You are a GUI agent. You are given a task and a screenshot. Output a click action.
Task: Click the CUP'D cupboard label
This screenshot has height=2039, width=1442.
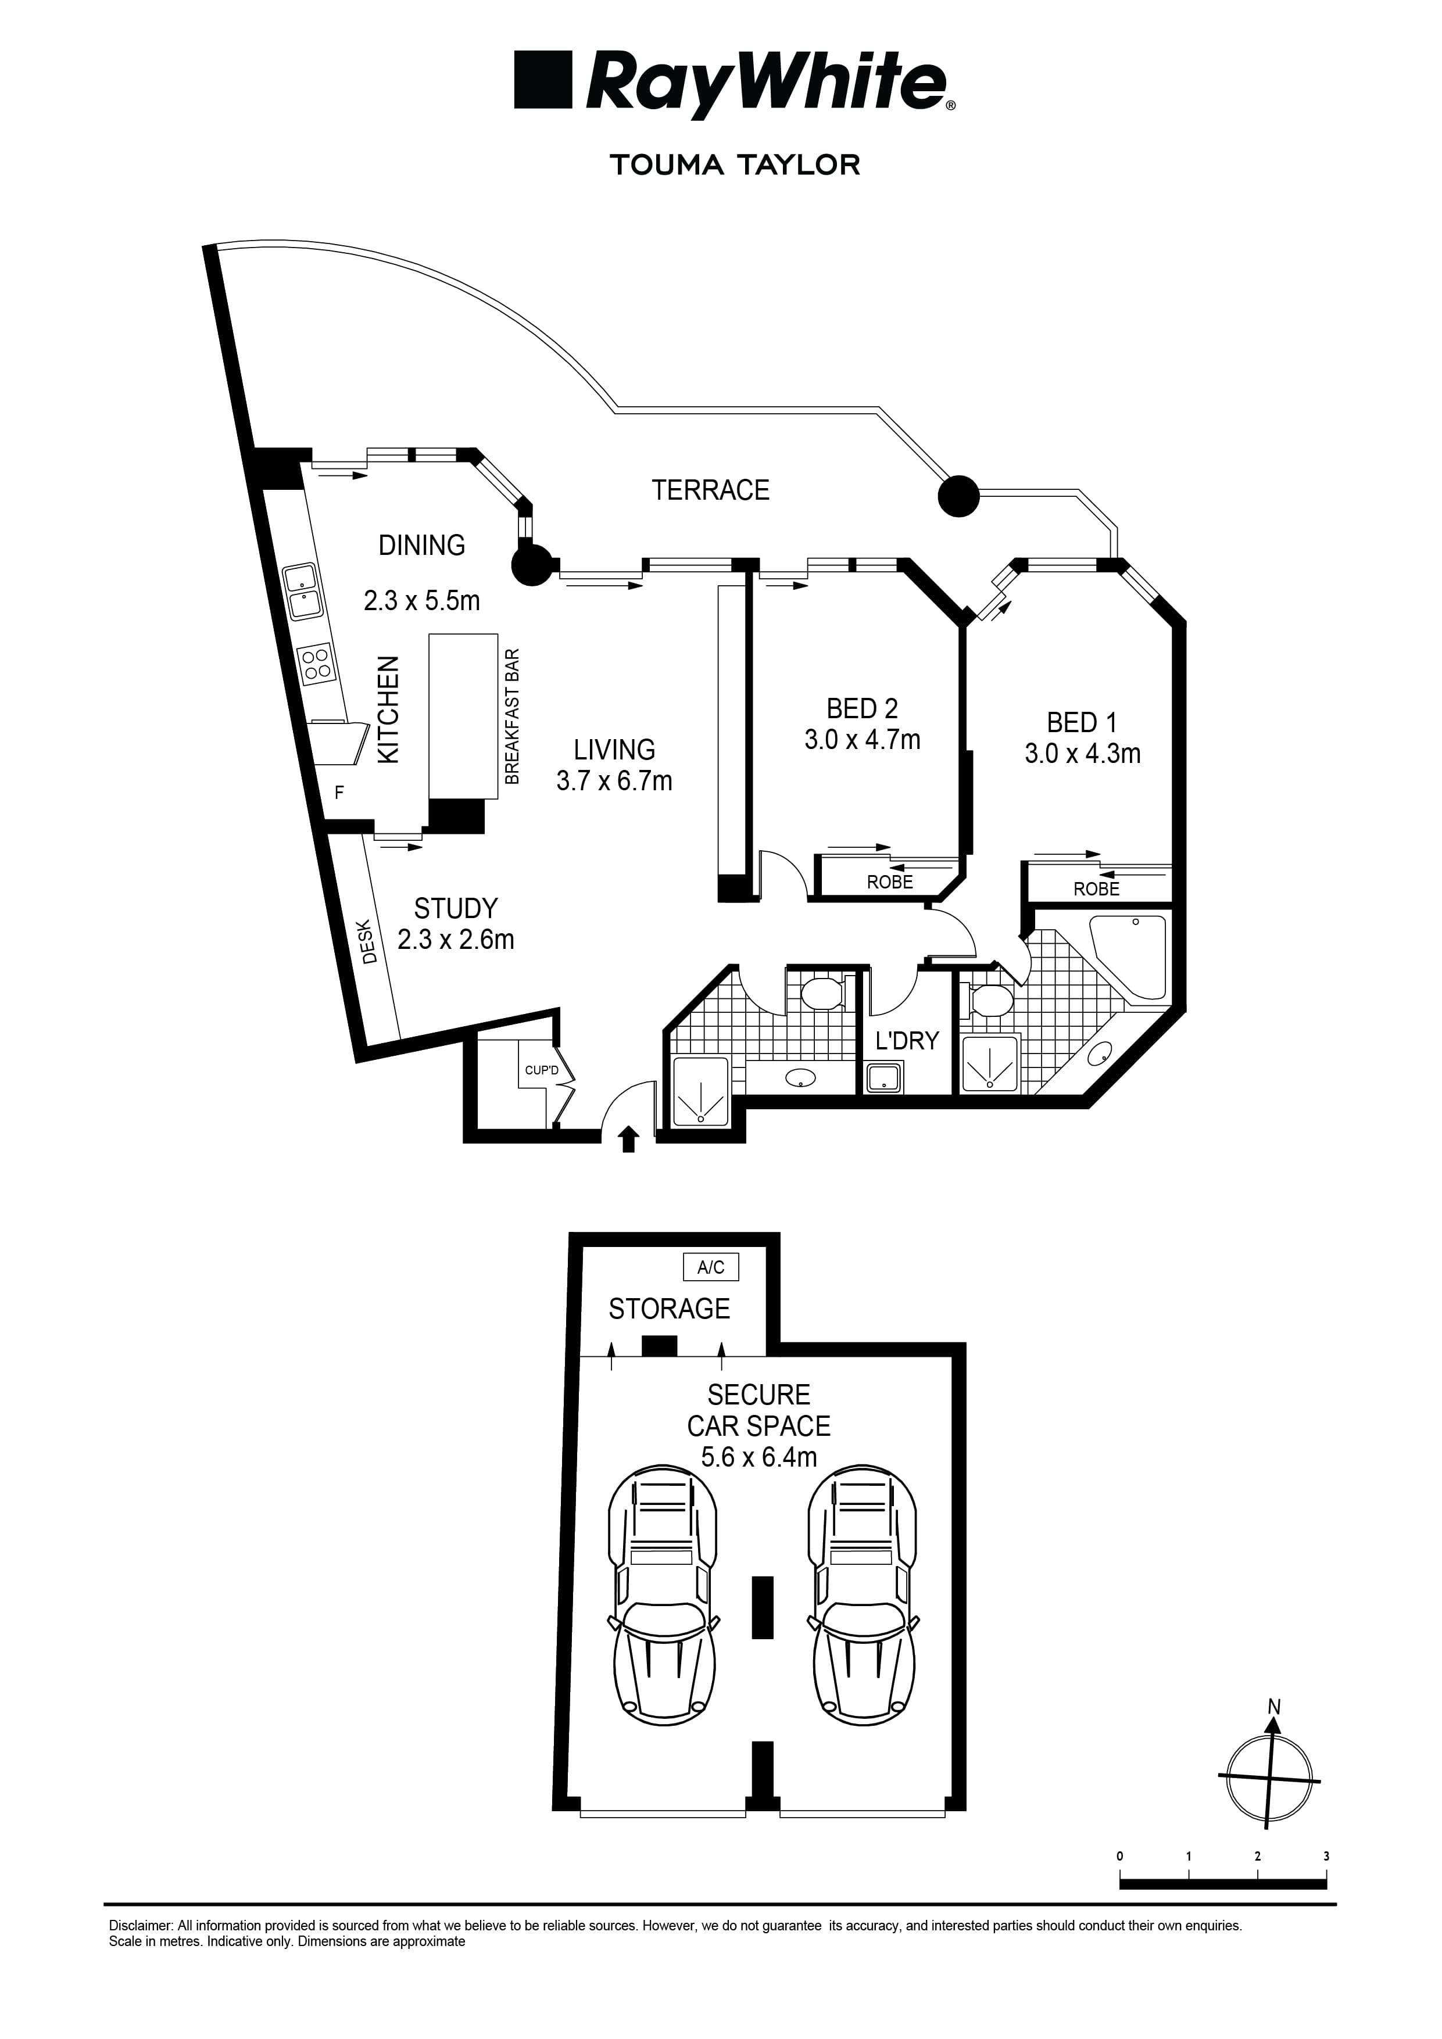pyautogui.click(x=541, y=1070)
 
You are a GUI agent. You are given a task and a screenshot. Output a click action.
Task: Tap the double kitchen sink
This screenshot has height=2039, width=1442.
pyautogui.click(x=302, y=592)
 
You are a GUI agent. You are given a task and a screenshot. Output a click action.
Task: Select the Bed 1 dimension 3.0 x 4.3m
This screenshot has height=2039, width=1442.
pyautogui.click(x=1082, y=754)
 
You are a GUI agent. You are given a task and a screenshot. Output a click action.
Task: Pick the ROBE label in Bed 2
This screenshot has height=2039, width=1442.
pyautogui.click(x=889, y=882)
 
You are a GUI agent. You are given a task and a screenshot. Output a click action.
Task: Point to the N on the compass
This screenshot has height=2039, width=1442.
pyautogui.click(x=1274, y=1706)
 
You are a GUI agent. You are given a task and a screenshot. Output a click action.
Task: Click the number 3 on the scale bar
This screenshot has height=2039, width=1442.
pyautogui.click(x=1326, y=1856)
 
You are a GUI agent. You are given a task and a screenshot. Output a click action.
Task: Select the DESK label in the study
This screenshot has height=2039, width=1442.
pyautogui.click(x=370, y=947)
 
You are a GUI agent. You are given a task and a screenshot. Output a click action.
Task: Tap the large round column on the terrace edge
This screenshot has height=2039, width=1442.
pyautogui.click(x=958, y=496)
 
